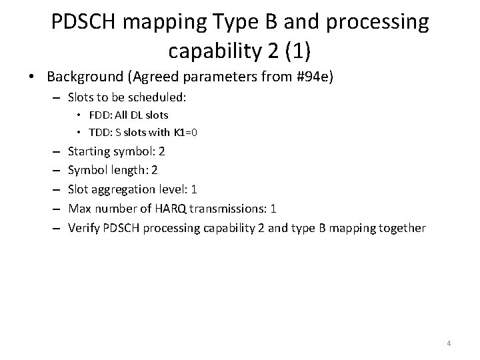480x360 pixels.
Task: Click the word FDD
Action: [99, 115]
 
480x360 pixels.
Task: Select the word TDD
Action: [99, 132]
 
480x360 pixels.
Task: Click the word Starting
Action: [91, 151]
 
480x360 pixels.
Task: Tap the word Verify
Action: [84, 227]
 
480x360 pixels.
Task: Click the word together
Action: [401, 227]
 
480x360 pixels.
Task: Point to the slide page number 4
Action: [449, 343]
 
